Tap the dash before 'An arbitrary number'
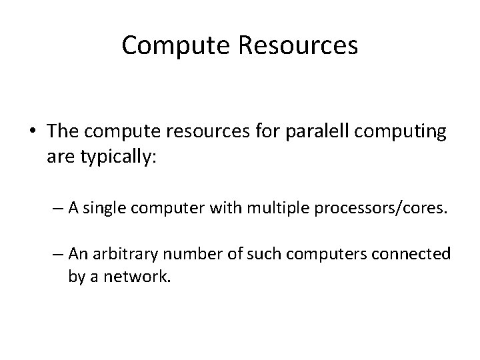59,254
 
